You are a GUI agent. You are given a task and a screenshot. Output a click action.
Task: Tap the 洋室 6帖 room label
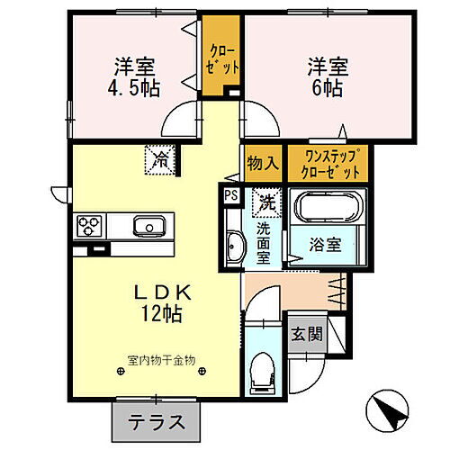328,78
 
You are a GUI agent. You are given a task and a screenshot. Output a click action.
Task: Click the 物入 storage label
261,164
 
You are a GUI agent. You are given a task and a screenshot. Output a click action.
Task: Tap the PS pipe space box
230,193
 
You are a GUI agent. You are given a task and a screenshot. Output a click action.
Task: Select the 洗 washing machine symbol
266,202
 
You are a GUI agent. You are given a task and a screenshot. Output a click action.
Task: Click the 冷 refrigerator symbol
162,161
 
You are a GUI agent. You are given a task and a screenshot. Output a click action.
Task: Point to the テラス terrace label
150,420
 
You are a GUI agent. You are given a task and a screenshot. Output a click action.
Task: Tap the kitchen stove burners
90,225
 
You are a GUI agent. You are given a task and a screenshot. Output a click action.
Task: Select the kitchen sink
146,225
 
